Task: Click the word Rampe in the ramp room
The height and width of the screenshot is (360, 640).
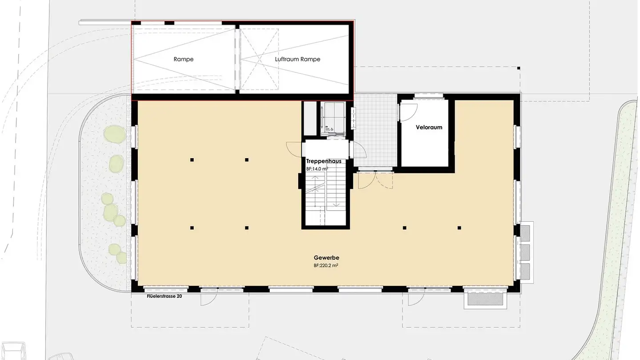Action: (184, 59)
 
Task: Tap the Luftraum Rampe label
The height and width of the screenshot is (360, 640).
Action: (297, 59)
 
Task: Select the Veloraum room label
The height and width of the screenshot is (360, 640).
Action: (429, 127)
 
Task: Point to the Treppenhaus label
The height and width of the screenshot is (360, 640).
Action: (324, 161)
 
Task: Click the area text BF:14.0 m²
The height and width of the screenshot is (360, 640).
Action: (317, 169)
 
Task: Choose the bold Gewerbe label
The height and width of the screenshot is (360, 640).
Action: (327, 258)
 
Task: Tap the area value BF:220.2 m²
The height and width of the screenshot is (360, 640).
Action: (327, 265)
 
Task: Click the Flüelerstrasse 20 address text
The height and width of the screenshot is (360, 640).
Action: (164, 296)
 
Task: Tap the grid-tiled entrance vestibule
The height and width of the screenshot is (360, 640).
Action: (376, 133)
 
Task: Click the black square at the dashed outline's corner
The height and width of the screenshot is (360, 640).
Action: (518, 68)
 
